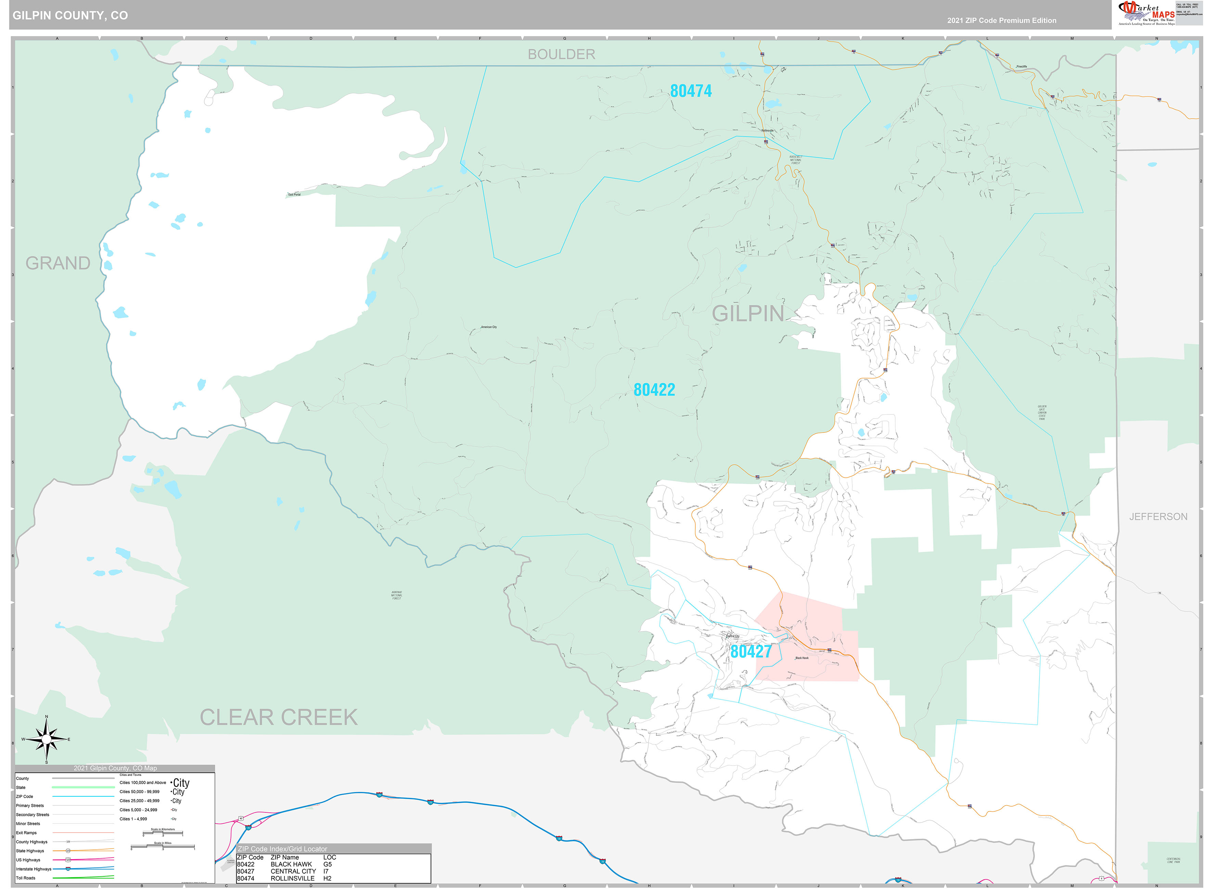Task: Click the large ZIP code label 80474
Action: click(691, 91)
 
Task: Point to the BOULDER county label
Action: click(561, 54)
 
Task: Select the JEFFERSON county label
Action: click(1158, 517)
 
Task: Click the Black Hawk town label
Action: click(801, 658)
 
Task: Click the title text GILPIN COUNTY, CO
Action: click(70, 16)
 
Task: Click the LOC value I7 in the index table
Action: click(326, 871)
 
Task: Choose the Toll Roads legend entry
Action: click(26, 878)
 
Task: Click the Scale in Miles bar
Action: click(163, 847)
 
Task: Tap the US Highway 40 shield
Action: click(241, 819)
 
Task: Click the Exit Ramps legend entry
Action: click(26, 833)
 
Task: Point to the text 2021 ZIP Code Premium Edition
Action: click(1001, 21)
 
